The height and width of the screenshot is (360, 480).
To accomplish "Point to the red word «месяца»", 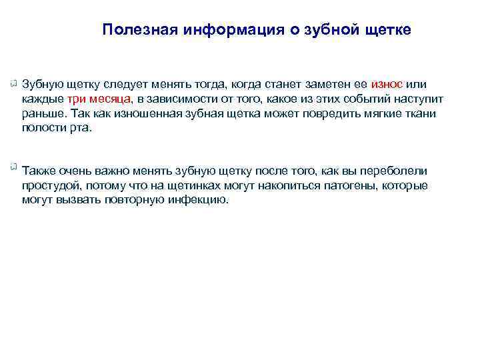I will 113,99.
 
